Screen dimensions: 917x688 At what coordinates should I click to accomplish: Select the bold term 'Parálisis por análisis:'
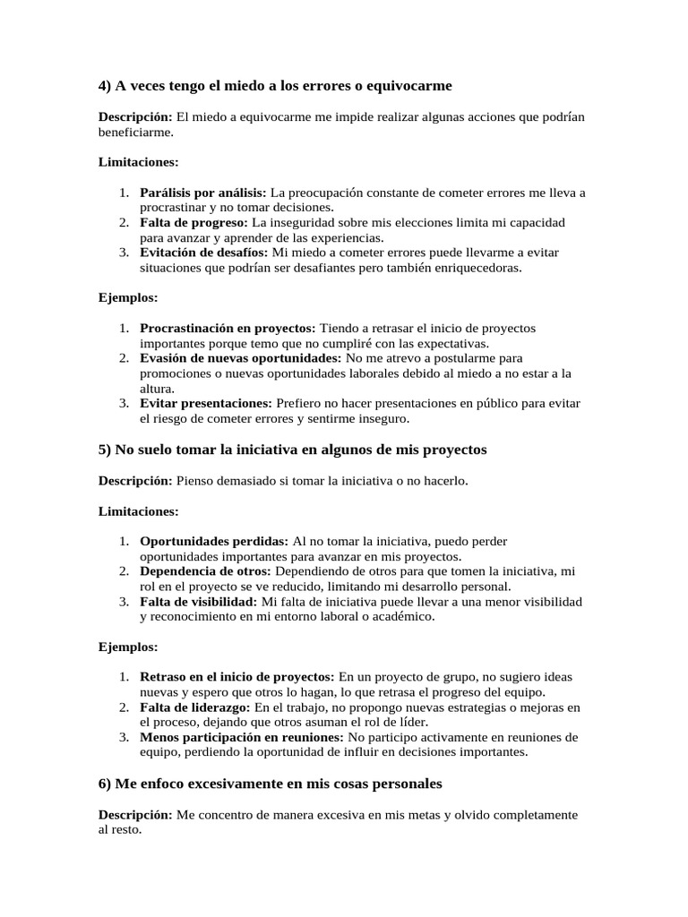[x=202, y=193]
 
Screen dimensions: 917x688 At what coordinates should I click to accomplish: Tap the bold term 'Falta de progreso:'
[x=194, y=222]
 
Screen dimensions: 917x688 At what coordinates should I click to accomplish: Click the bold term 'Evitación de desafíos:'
[x=204, y=253]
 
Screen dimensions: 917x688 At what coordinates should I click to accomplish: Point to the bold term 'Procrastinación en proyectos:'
[x=228, y=328]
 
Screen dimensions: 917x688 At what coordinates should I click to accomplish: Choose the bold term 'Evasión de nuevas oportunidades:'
[x=241, y=358]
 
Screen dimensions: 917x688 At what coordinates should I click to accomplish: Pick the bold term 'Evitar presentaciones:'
[x=206, y=403]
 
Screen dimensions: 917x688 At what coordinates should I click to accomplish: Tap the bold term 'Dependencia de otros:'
[x=206, y=571]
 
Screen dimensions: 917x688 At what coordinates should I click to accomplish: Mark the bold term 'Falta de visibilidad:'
[x=199, y=602]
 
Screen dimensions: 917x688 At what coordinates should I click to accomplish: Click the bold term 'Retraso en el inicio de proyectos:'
[x=237, y=677]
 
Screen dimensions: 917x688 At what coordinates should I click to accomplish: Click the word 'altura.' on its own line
[x=157, y=389]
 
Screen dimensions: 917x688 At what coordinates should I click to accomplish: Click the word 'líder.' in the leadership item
[x=412, y=722]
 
